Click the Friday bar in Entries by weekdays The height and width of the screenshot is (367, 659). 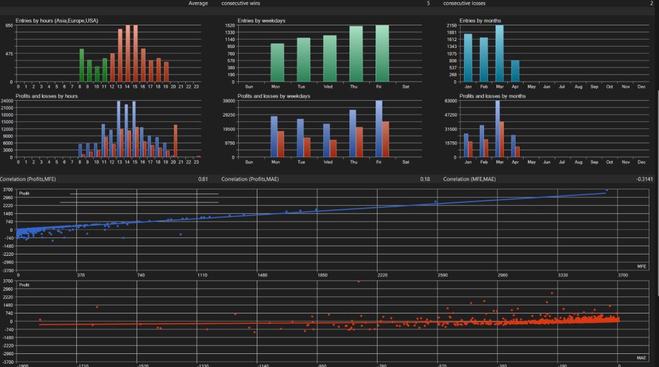[x=382, y=54]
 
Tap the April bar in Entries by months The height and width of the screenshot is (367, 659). [x=516, y=71]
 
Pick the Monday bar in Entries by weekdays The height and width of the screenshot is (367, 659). [x=277, y=62]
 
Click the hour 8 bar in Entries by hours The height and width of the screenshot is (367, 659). [x=82, y=65]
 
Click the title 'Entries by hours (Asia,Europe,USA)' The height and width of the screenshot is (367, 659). [x=56, y=21]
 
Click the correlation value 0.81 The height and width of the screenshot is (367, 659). [x=203, y=179]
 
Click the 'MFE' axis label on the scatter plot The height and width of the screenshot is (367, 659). [x=641, y=265]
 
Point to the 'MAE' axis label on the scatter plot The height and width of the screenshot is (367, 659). [x=641, y=357]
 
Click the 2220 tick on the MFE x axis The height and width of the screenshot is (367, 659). [x=382, y=275]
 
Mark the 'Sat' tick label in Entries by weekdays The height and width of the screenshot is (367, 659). [x=406, y=86]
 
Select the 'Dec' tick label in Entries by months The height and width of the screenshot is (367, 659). [x=642, y=86]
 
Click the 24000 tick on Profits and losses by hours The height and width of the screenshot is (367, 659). [x=8, y=101]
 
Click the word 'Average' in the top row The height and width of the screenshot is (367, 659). [x=198, y=3]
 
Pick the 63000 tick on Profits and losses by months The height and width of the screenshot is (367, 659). [x=452, y=101]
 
